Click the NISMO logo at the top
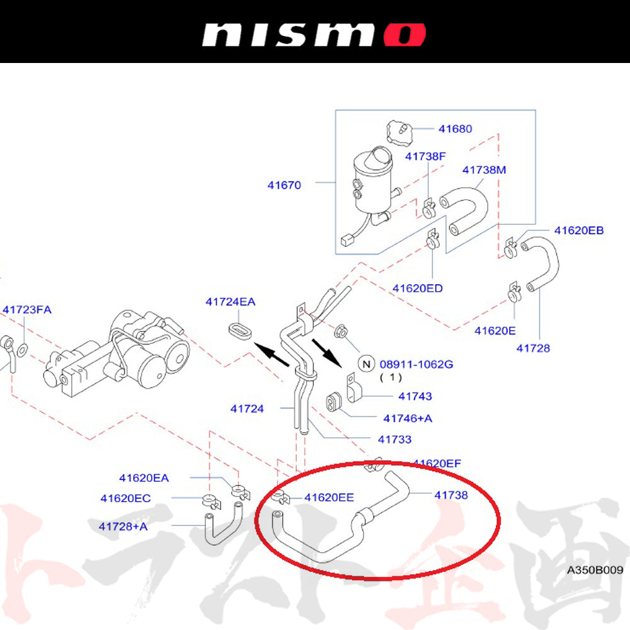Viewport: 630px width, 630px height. (x=313, y=34)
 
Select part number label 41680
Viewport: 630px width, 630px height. (x=455, y=129)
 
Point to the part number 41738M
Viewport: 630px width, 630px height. (x=484, y=170)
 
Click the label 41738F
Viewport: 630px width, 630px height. (x=425, y=156)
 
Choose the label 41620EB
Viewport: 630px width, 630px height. (x=578, y=231)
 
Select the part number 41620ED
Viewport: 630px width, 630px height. (x=417, y=289)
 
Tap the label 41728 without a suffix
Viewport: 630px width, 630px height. (x=533, y=348)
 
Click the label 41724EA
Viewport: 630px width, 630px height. (x=230, y=302)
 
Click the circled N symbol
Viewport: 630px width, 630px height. (x=365, y=364)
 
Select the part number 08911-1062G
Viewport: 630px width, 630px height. (x=416, y=364)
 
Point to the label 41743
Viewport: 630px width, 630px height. (x=415, y=397)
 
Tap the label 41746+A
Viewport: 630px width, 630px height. (x=408, y=418)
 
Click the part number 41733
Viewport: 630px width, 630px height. (x=394, y=440)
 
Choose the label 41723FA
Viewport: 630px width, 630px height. (x=26, y=310)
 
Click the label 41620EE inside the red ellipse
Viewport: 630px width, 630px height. (x=329, y=497)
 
